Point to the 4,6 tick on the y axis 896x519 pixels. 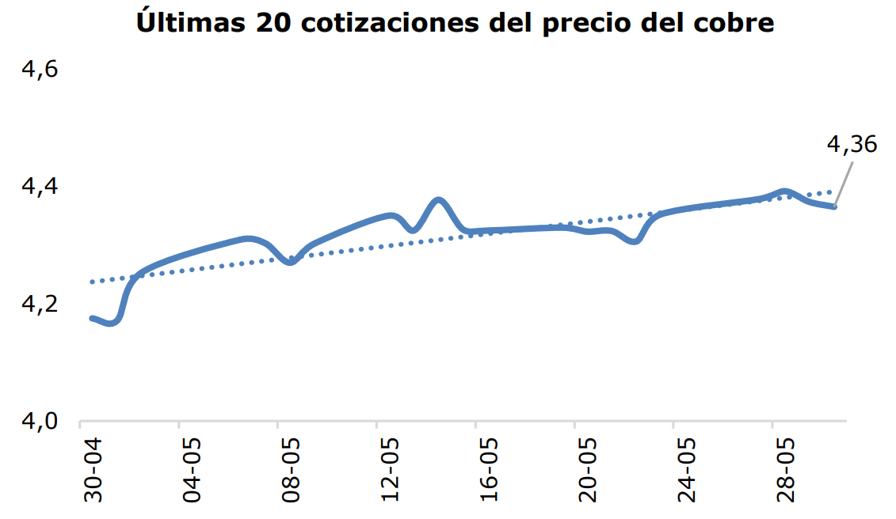pyautogui.click(x=40, y=70)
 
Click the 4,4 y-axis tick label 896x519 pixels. pyautogui.click(x=40, y=187)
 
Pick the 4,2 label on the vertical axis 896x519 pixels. pyautogui.click(x=40, y=304)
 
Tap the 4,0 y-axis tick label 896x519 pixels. pyautogui.click(x=40, y=421)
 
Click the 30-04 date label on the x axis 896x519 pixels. pyautogui.click(x=94, y=473)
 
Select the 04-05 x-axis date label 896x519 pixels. pyautogui.click(x=193, y=473)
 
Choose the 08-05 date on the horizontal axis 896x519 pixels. pyautogui.click(x=292, y=473)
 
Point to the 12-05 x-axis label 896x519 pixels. pyautogui.click(x=391, y=473)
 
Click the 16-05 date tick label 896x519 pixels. pyautogui.click(x=489, y=473)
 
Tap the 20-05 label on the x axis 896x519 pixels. pyautogui.click(x=588, y=473)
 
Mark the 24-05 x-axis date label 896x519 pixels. pyautogui.click(x=686, y=473)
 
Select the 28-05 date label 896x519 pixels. pyautogui.click(x=785, y=473)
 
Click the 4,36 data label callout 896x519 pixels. pyautogui.click(x=852, y=145)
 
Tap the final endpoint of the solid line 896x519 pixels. pyautogui.click(x=834, y=206)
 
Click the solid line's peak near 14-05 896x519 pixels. pyautogui.click(x=439, y=199)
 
